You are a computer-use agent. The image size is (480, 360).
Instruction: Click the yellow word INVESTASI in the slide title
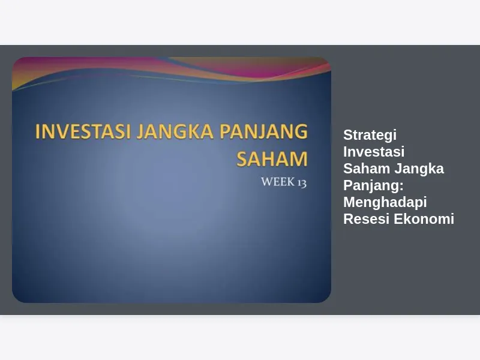pyautogui.click(x=83, y=131)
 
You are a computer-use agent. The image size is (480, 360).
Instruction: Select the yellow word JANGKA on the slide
pyautogui.click(x=175, y=131)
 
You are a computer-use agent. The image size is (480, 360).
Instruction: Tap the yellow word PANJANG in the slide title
pyautogui.click(x=263, y=131)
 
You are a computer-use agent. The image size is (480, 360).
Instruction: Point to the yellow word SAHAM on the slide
pyautogui.click(x=272, y=158)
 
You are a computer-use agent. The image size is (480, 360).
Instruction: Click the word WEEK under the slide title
pyautogui.click(x=278, y=182)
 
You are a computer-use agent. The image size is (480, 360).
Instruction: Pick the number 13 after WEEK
pyautogui.click(x=302, y=183)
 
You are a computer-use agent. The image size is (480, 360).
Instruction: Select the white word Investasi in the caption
pyautogui.click(x=374, y=152)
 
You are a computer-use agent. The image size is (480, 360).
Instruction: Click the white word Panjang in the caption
pyautogui.click(x=371, y=186)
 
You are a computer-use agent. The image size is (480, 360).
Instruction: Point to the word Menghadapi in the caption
pyautogui.click(x=385, y=203)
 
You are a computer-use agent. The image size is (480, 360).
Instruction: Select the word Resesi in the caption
pyautogui.click(x=366, y=219)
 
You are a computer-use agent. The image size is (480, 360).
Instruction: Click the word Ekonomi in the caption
pyautogui.click(x=424, y=219)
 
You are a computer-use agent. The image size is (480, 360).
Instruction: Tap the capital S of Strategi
pyautogui.click(x=349, y=134)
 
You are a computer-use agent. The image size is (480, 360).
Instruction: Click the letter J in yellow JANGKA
pyautogui.click(x=140, y=131)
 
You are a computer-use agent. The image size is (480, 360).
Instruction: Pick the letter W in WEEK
pyautogui.click(x=267, y=182)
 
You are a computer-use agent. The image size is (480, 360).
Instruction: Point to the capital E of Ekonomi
pyautogui.click(x=398, y=219)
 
